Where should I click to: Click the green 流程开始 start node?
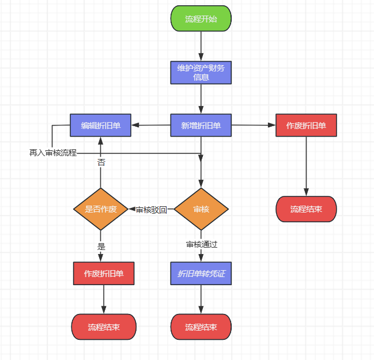[x=201, y=18]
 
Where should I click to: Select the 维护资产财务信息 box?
[x=201, y=73]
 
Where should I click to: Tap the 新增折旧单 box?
[x=201, y=126]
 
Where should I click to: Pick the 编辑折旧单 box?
[x=101, y=126]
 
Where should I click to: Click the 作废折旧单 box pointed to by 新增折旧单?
[x=306, y=126]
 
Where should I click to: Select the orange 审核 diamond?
[x=201, y=209]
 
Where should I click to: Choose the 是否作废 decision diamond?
[x=101, y=209]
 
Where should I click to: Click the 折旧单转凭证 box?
[x=201, y=273]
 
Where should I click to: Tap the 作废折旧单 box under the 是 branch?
[x=104, y=273]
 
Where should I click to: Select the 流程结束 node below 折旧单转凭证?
[x=201, y=327]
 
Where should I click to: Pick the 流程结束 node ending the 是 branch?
[x=104, y=327]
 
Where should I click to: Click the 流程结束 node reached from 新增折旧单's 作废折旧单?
[x=306, y=209]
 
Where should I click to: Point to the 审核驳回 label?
[x=151, y=210]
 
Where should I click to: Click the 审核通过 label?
[x=202, y=244]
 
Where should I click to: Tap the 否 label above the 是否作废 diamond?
[x=101, y=163]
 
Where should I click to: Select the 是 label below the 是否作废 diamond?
[x=101, y=247]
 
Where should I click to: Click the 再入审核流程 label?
[x=53, y=153]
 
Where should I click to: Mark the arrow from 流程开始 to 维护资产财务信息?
[x=201, y=46]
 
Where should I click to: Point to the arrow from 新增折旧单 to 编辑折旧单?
[x=151, y=125]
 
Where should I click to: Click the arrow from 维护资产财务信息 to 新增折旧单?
[x=201, y=99]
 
